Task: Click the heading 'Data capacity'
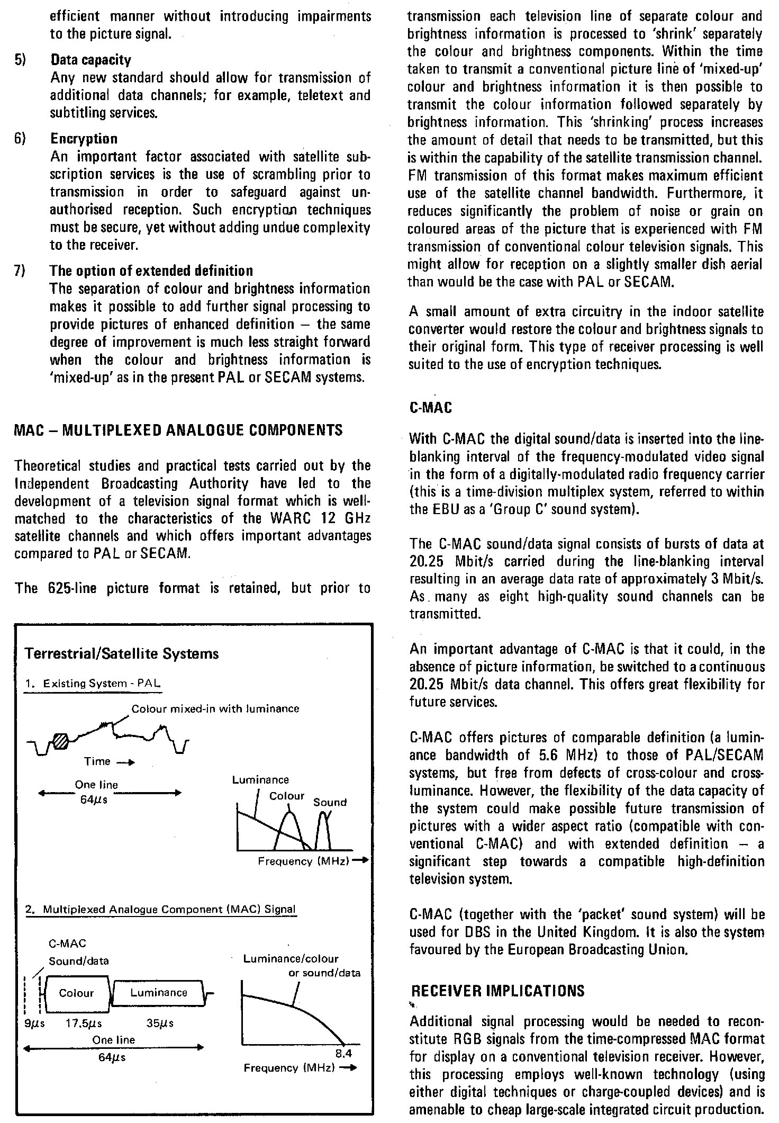90,60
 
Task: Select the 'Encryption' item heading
84,139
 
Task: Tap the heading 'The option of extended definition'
151,271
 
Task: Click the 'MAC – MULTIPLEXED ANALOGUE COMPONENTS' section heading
178,429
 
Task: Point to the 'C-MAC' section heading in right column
431,408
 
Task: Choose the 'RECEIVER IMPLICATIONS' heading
497,991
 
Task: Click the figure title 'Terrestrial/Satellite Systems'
122,653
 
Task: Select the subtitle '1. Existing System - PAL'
93,684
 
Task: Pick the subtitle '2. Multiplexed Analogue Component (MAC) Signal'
161,910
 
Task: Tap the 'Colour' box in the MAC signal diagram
77,993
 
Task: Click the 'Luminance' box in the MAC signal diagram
159,993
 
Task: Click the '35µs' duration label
160,1023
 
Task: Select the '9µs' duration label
35,1023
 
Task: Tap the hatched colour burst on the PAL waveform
61,740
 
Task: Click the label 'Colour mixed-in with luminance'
215,708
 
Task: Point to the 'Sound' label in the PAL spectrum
330,802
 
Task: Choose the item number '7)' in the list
20,271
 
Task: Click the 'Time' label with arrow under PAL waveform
109,761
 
